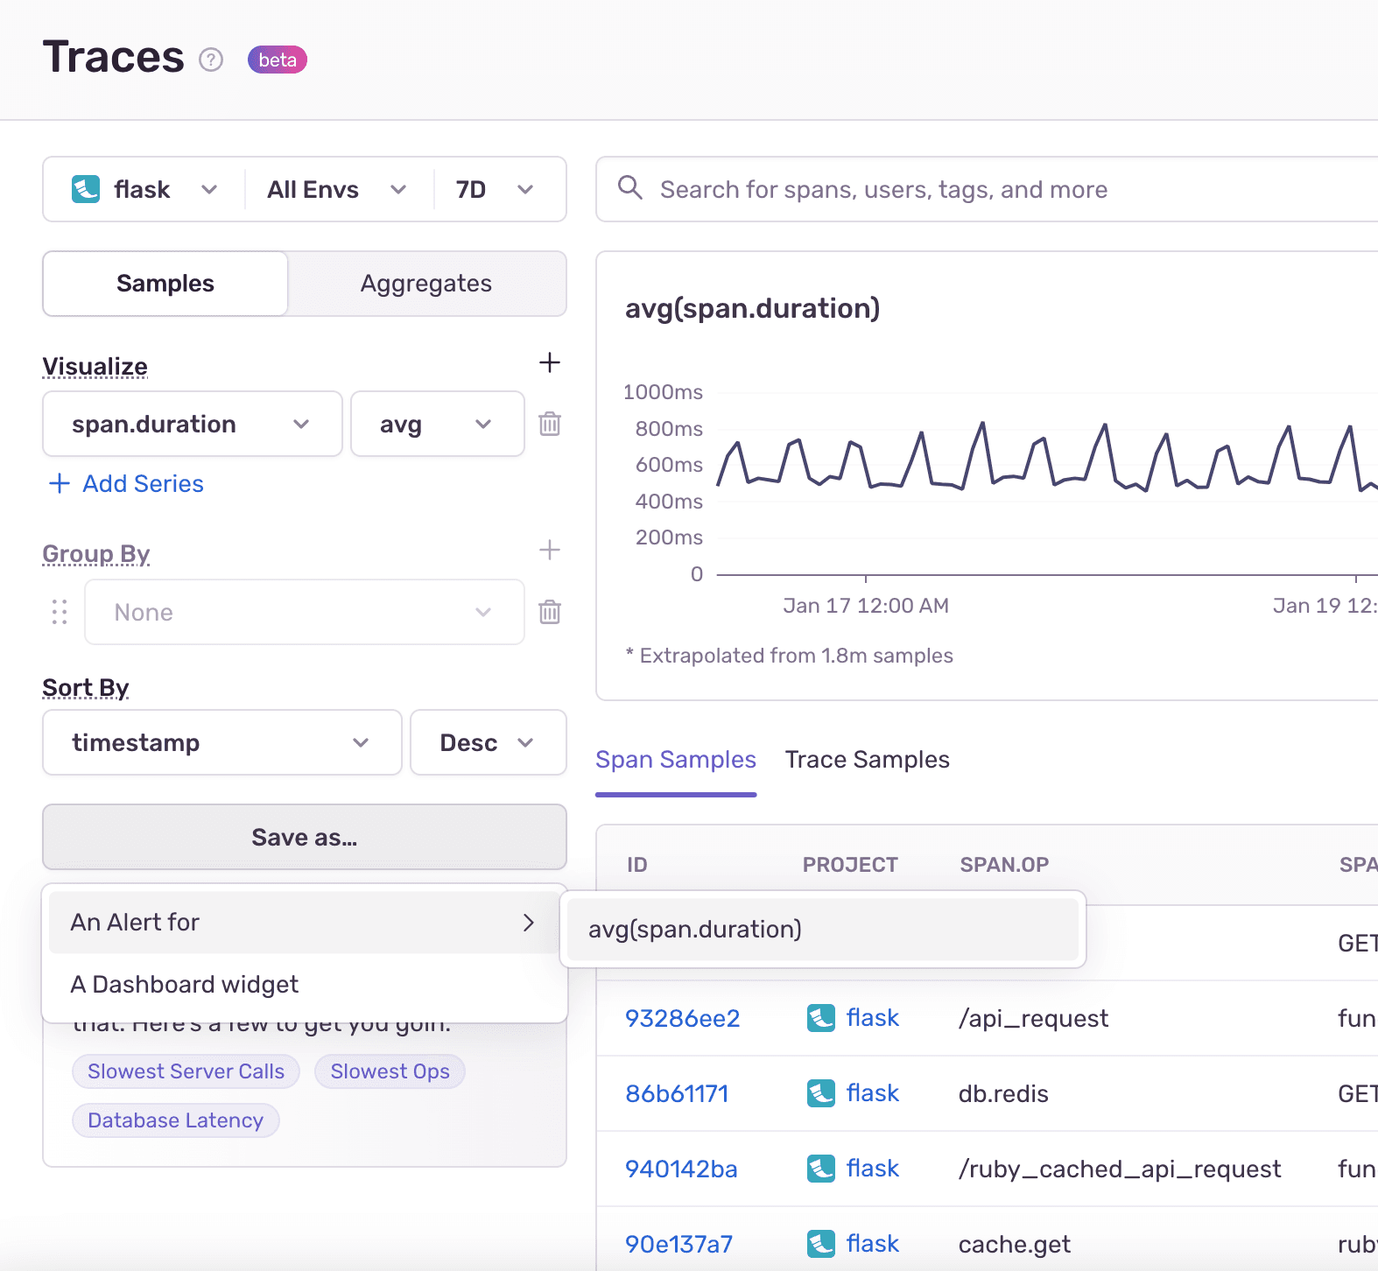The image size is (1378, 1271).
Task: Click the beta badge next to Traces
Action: (x=277, y=60)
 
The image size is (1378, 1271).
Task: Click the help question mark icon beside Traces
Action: (x=211, y=60)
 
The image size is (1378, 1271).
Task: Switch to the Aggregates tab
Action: (x=426, y=284)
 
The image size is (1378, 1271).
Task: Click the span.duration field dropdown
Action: (x=192, y=425)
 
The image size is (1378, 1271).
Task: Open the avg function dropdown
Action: (x=436, y=425)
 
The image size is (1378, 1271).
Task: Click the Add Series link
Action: (x=127, y=484)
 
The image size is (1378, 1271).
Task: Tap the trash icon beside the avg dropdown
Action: (x=550, y=425)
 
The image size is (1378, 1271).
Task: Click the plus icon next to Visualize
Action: (x=550, y=362)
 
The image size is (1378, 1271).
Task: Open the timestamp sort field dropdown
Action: (x=221, y=743)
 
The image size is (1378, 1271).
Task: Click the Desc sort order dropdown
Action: (x=488, y=743)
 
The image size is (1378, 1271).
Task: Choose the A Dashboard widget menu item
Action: (x=185, y=985)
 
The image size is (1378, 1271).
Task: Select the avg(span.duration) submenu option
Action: (x=695, y=930)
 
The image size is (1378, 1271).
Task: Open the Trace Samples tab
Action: (x=867, y=760)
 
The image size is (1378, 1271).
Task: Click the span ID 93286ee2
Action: (x=682, y=1019)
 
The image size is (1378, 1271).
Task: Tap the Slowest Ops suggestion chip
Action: (x=390, y=1071)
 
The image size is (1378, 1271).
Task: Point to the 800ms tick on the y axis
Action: (x=669, y=429)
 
